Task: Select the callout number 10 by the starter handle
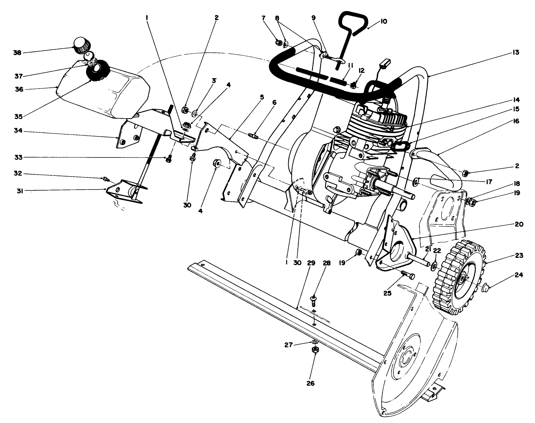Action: coord(383,21)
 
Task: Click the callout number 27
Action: coord(288,344)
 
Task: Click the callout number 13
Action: coord(516,52)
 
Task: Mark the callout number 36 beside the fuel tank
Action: coord(19,89)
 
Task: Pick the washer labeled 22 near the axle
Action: coord(434,265)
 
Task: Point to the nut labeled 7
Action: coord(279,42)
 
